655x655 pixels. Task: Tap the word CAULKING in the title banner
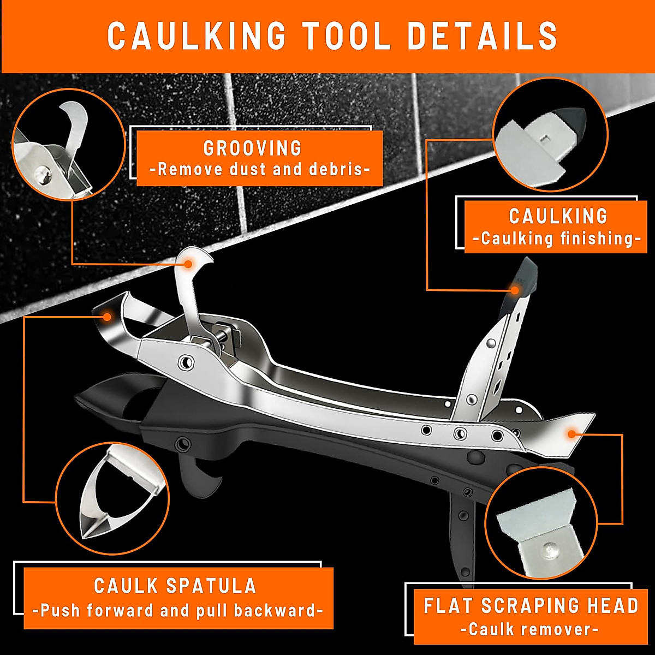[196, 36]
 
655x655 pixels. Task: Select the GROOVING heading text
[252, 148]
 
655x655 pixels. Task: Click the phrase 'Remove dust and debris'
[260, 169]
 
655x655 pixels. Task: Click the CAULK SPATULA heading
[175, 586]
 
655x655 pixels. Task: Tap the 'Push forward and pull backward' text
[178, 610]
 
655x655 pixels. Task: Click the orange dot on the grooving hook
[188, 264]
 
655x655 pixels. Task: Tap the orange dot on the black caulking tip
[515, 290]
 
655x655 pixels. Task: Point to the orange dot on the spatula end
[108, 316]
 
